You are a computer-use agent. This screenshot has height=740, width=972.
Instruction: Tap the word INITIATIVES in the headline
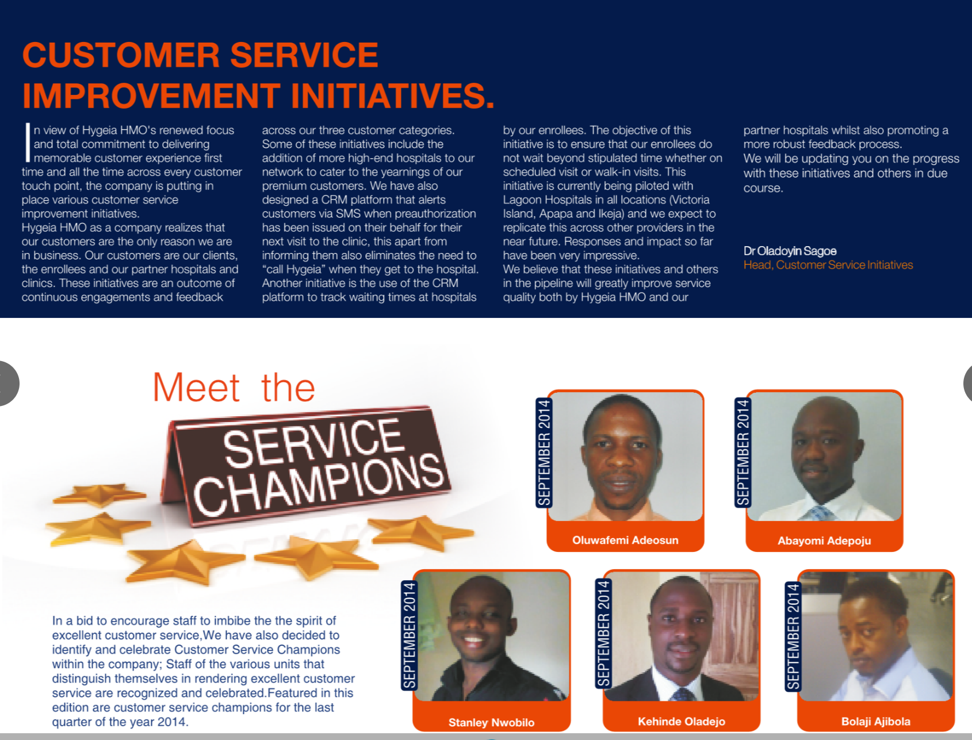click(x=392, y=95)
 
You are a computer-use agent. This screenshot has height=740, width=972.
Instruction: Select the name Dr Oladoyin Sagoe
click(x=790, y=251)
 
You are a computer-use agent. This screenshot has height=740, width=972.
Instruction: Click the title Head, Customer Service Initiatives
click(x=828, y=265)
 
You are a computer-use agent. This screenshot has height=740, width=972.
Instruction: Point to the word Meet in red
click(x=196, y=388)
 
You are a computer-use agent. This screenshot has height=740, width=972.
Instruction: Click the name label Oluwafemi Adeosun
click(x=625, y=540)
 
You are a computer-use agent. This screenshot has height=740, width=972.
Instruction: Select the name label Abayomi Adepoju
click(x=824, y=541)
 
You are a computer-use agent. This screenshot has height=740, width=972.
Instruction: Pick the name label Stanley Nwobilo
click(x=491, y=723)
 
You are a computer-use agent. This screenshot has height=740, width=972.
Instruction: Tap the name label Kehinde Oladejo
click(x=682, y=722)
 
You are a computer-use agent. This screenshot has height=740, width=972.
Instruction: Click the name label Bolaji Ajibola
click(x=876, y=722)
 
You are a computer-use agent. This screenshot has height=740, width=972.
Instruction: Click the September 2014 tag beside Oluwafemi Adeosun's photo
click(x=544, y=453)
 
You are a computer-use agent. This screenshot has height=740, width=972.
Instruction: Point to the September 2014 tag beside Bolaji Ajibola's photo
click(x=793, y=637)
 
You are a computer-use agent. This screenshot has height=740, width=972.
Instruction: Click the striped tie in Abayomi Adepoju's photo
click(x=821, y=513)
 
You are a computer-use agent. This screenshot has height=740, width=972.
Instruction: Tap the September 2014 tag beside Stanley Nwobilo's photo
click(x=409, y=635)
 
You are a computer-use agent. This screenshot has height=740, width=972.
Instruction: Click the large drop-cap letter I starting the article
click(x=27, y=142)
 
